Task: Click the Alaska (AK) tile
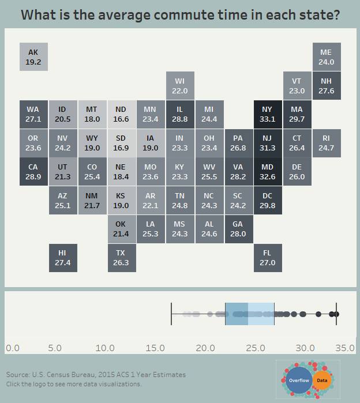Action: click(33, 57)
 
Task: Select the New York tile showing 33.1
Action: click(267, 114)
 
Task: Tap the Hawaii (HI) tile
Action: click(63, 257)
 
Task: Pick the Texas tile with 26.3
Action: click(121, 257)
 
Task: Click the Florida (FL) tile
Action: click(267, 257)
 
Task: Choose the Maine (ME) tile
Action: click(326, 57)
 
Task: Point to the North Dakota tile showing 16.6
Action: click(121, 114)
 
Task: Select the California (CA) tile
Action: click(33, 171)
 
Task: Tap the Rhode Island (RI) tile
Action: click(326, 143)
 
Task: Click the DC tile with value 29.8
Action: click(267, 200)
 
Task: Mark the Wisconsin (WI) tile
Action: click(180, 86)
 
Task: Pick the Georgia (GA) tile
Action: click(238, 229)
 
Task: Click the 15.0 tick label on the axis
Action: click(155, 348)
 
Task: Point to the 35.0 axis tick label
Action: click(344, 348)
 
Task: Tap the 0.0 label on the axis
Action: click(13, 348)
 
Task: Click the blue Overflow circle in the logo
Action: click(299, 381)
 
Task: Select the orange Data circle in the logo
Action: click(322, 381)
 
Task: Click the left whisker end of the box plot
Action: click(171, 314)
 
